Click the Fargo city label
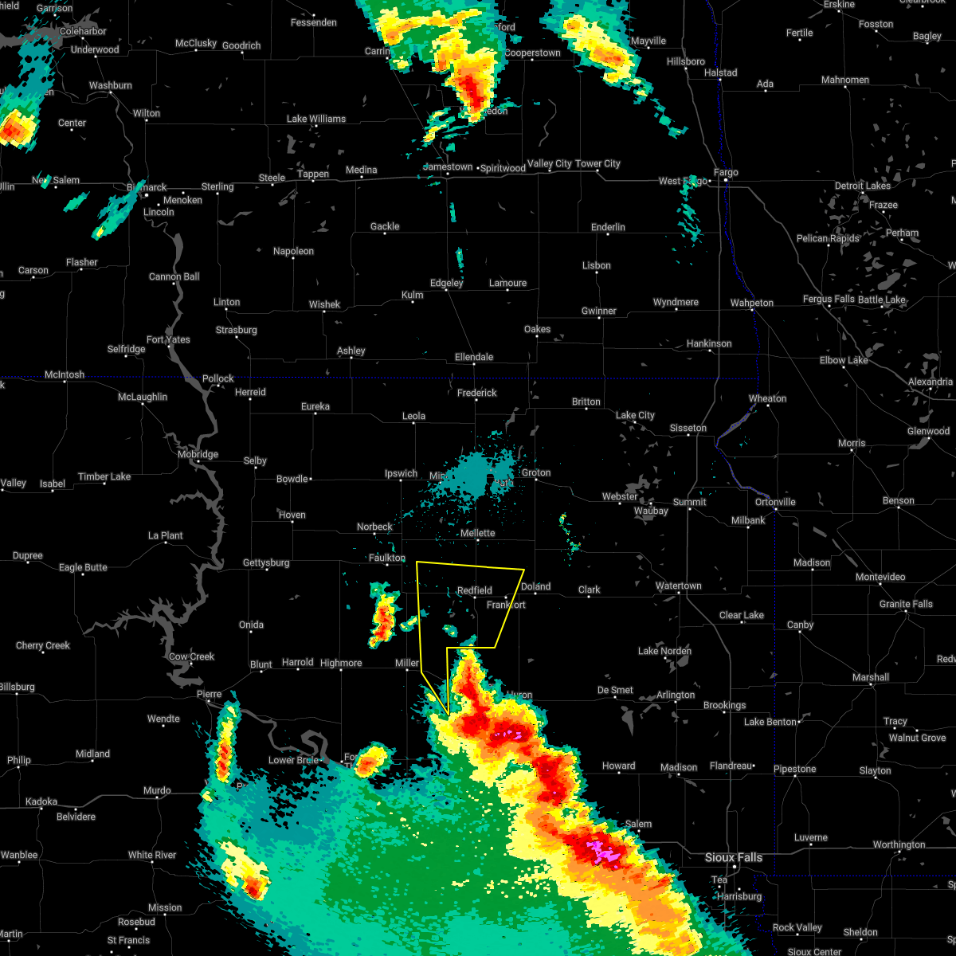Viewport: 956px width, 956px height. (x=726, y=172)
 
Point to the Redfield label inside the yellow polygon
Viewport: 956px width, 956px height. (x=475, y=590)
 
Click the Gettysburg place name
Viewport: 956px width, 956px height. (x=266, y=562)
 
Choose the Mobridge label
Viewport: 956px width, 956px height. (x=198, y=454)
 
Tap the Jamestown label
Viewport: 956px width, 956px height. (x=448, y=167)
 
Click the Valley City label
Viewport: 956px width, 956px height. (x=550, y=163)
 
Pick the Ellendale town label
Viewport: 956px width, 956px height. (x=474, y=357)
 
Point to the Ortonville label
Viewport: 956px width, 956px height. (x=775, y=502)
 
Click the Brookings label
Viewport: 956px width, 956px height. (x=725, y=705)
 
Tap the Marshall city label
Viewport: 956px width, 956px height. (x=870, y=677)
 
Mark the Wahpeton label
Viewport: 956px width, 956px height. (x=752, y=303)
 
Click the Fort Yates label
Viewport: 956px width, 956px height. (x=168, y=339)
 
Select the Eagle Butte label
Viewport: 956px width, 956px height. (x=83, y=567)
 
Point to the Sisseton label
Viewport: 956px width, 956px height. (x=688, y=428)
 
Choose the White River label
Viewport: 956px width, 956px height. (x=152, y=855)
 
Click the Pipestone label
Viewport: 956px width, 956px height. (x=794, y=769)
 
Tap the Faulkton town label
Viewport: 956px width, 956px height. (x=387, y=558)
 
